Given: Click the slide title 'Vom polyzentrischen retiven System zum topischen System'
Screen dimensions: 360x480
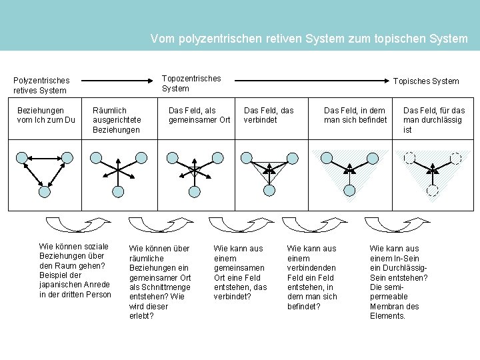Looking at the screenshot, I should pyautogui.click(x=309, y=39).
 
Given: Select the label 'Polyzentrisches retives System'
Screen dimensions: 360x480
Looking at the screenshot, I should pyautogui.click(x=41, y=85).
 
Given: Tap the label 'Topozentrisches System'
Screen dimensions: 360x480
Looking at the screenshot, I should pyautogui.click(x=191, y=83).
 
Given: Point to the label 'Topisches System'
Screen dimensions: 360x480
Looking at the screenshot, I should pyautogui.click(x=425, y=81).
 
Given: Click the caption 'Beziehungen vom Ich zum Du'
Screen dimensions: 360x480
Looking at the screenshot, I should pyautogui.click(x=46, y=115).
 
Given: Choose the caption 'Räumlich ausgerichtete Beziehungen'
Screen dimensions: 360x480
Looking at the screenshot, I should pyautogui.click(x=116, y=119).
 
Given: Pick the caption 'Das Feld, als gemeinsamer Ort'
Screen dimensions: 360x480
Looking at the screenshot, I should pyautogui.click(x=199, y=115).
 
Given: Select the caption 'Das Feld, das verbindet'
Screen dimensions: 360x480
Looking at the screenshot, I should pyautogui.click(x=269, y=115).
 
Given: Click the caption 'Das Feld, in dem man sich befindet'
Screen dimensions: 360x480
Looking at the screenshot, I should pyautogui.click(x=355, y=115).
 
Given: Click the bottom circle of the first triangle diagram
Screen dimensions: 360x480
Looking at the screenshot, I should pyautogui.click(x=45, y=191).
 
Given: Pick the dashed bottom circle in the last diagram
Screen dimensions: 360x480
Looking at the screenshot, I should pyautogui.click(x=432, y=190).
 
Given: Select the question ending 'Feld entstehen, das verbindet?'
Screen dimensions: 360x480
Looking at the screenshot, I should pyautogui.click(x=240, y=272).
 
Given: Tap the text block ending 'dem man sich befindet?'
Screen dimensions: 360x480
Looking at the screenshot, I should pyautogui.click(x=312, y=277).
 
